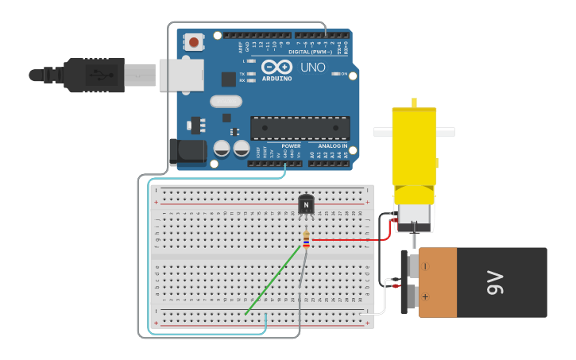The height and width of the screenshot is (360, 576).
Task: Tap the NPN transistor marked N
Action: pyautogui.click(x=306, y=204)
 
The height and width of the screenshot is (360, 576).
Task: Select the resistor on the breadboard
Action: pyautogui.click(x=307, y=238)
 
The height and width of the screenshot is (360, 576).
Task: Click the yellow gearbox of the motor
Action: pyautogui.click(x=415, y=151)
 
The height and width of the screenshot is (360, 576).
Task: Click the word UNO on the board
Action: pyautogui.click(x=312, y=68)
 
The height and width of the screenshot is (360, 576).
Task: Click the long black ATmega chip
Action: pyautogui.click(x=300, y=128)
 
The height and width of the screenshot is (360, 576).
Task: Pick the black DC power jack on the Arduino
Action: pyautogui.click(x=184, y=152)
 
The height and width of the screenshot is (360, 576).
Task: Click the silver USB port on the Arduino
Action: pyautogui.click(x=180, y=75)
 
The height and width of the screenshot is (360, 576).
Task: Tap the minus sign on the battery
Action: pyautogui.click(x=424, y=265)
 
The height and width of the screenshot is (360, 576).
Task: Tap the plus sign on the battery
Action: pyautogui.click(x=425, y=297)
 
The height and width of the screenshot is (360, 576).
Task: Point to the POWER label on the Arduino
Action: pyautogui.click(x=291, y=146)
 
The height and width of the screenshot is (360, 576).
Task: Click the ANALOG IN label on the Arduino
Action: pyautogui.click(x=331, y=146)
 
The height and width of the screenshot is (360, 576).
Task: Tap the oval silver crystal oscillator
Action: pyautogui.click(x=226, y=101)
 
